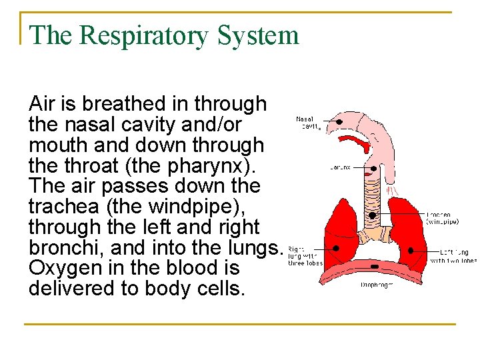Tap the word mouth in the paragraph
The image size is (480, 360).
pos(56,145)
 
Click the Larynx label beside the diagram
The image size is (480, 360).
pos(339,167)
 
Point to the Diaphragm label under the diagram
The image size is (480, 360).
pos(377,285)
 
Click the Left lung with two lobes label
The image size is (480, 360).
pos(453,256)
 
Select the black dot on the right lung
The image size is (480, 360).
pos(335,247)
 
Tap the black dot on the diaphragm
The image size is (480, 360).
pos(374,267)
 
